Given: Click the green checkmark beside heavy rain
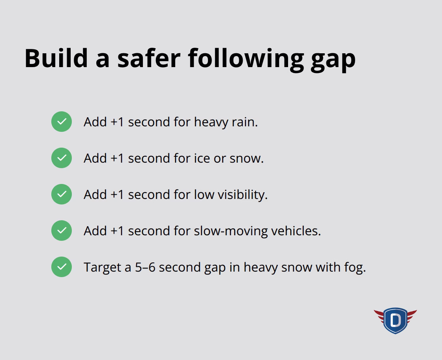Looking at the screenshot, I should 62,122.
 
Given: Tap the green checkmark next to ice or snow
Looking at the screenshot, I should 62,158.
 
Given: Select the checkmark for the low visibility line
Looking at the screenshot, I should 62,194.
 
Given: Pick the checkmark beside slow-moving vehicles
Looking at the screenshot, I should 62,231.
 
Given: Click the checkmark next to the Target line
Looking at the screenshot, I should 62,267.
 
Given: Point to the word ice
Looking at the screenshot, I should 201,158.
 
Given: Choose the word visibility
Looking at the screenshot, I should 242,195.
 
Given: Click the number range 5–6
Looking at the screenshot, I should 145,267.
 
